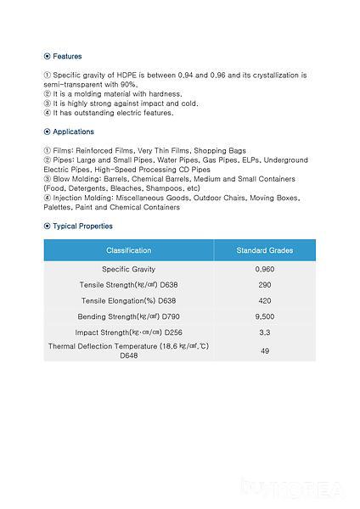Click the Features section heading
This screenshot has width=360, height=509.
coord(67,56)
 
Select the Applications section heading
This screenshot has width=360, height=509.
coord(73,131)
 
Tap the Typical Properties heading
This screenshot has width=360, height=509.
coord(82,227)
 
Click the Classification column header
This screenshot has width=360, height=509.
coord(128,251)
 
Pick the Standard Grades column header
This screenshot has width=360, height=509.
coord(264,251)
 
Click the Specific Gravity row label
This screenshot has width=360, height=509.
coord(128,269)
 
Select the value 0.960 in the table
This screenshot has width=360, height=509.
coord(264,269)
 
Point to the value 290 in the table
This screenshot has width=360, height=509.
coord(264,285)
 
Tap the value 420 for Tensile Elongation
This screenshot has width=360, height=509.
coord(264,301)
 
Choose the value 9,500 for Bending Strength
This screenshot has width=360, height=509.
coord(264,316)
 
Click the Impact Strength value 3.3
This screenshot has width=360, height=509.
coord(264,333)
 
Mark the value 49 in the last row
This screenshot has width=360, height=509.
coord(264,351)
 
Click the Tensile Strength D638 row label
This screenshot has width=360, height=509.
coord(128,285)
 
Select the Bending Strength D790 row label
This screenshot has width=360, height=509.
coord(128,316)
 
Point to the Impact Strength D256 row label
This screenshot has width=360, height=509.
coord(128,333)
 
